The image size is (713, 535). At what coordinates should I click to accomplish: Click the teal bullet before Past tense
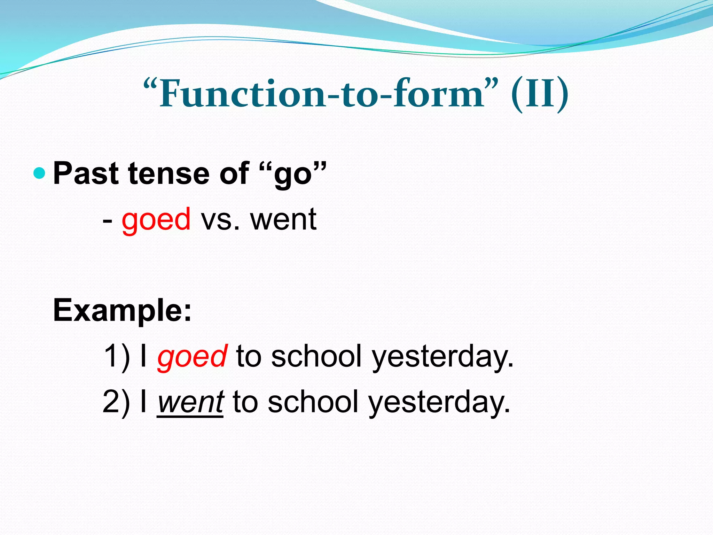tap(40, 173)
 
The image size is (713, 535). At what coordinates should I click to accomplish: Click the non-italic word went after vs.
tap(283, 219)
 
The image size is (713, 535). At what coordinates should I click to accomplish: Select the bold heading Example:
tap(122, 310)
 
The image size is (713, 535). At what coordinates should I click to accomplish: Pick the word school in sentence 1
tap(316, 356)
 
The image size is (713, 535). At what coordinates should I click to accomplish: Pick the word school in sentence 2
tap(313, 402)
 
